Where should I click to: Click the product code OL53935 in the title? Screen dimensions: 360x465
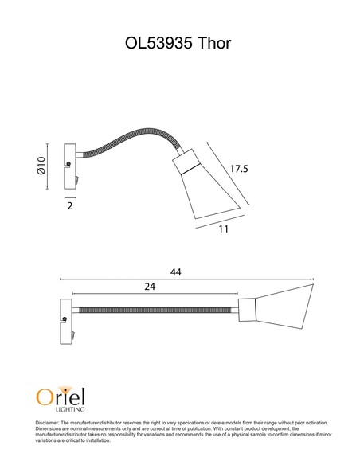coord(158,43)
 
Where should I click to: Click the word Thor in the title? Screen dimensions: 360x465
coord(213,43)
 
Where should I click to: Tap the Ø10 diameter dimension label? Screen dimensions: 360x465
coord(41,166)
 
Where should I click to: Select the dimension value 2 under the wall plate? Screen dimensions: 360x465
coord(69,205)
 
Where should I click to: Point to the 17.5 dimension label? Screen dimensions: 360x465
coord(239,169)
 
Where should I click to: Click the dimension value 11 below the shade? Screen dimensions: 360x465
coord(223,229)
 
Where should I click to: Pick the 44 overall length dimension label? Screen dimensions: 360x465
coord(175,272)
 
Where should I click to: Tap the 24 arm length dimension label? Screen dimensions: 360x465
coord(150,287)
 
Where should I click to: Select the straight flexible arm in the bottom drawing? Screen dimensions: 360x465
coord(155,311)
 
